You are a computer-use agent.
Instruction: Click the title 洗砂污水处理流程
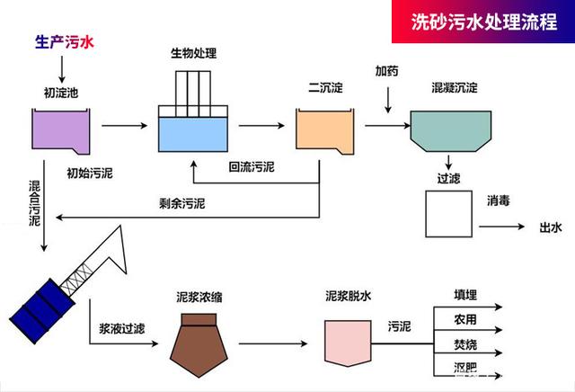(482, 22)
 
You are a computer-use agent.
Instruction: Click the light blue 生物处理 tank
(195, 133)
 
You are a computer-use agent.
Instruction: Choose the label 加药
(386, 71)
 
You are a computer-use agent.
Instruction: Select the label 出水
(549, 227)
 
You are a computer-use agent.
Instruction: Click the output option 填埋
(464, 295)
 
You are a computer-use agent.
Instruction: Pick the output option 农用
(464, 319)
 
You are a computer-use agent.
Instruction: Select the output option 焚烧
(464, 344)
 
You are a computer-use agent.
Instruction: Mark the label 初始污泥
(89, 171)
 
